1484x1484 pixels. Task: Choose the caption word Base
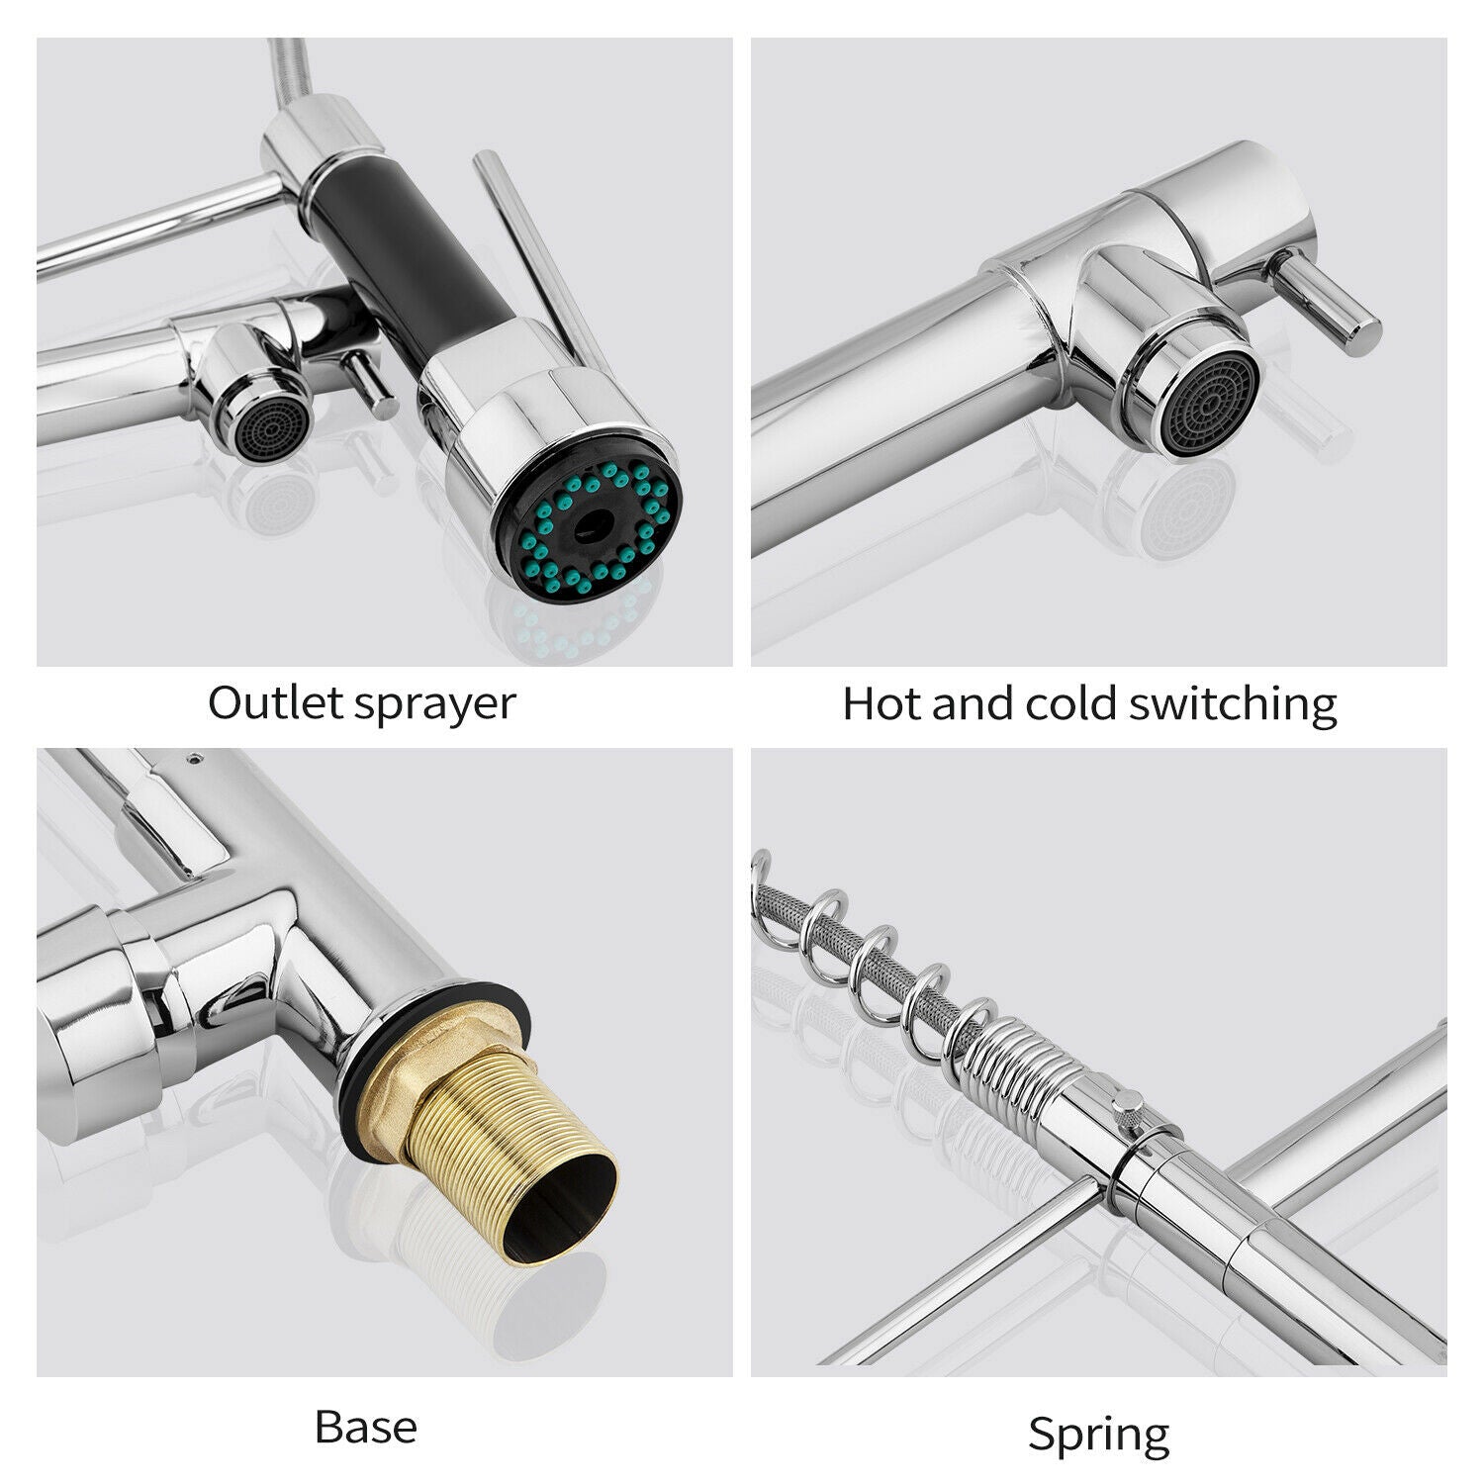pos(365,1427)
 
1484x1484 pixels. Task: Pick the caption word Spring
pos(1098,1435)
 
